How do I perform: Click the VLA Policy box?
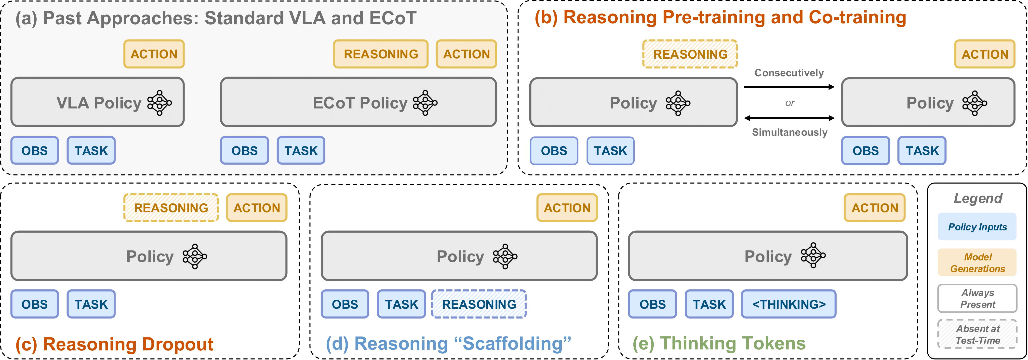tap(98, 102)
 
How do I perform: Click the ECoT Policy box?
tap(358, 102)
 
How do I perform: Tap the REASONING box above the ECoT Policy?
tap(381, 54)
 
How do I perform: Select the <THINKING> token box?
tap(788, 304)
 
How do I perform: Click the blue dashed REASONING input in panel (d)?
tap(479, 304)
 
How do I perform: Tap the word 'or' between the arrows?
tap(790, 103)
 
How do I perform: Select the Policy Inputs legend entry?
tap(977, 227)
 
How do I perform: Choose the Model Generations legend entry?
tap(977, 263)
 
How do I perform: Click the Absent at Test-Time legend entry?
tap(977, 334)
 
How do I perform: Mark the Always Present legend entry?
tap(977, 298)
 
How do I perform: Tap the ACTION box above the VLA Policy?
tap(154, 54)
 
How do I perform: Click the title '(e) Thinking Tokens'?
tap(719, 343)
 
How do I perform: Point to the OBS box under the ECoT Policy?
tap(245, 150)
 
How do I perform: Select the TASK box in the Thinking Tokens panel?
tap(709, 304)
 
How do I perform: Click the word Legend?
tap(978, 198)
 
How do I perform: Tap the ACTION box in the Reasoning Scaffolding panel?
tap(567, 208)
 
